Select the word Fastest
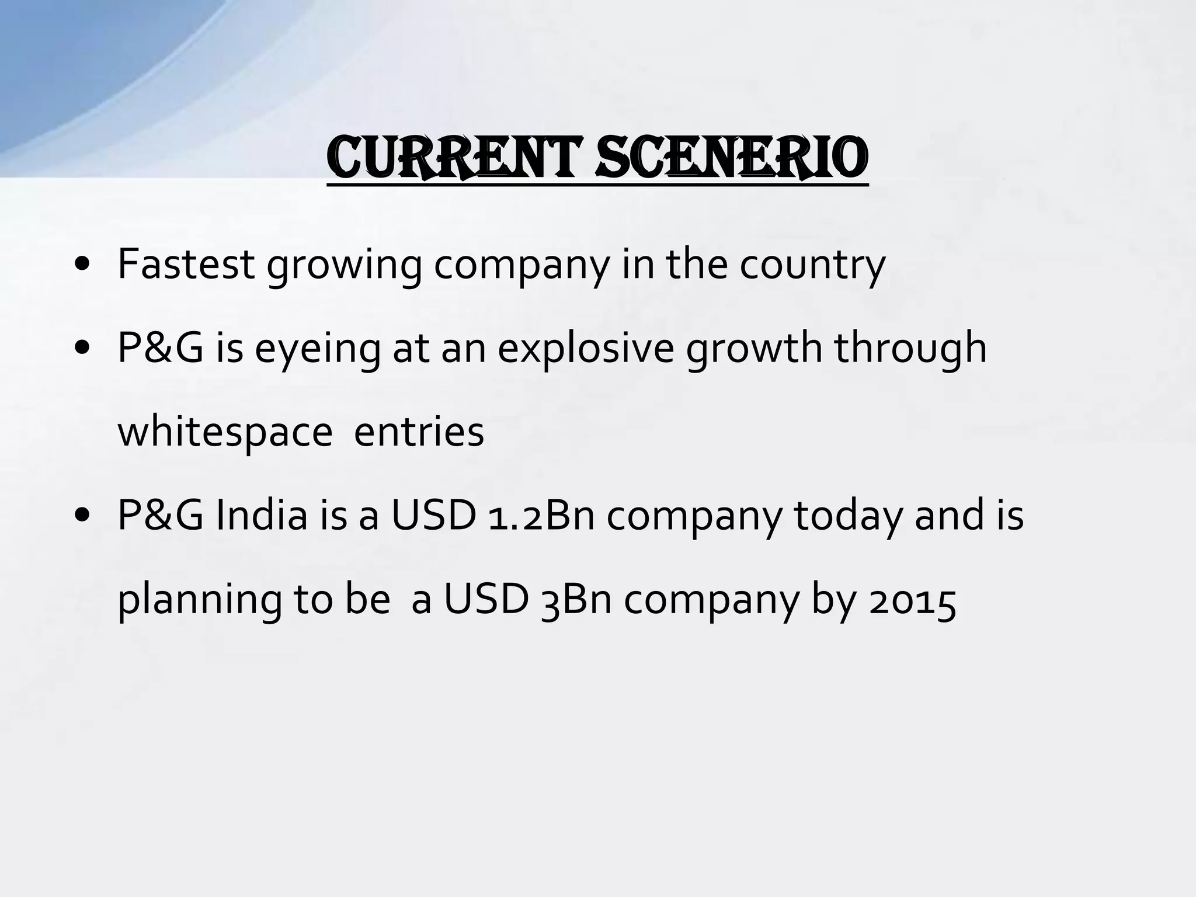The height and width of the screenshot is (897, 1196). (186, 264)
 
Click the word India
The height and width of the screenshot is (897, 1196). (262, 516)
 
